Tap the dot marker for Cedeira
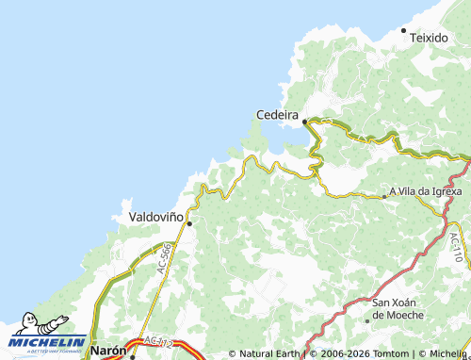click(x=304, y=122)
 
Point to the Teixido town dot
click(x=404, y=31)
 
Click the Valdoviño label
click(x=155, y=216)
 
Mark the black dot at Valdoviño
click(x=189, y=223)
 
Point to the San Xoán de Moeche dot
click(x=367, y=320)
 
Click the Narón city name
click(x=107, y=350)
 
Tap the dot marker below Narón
click(x=132, y=357)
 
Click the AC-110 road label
click(x=455, y=247)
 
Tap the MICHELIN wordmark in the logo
click(x=49, y=342)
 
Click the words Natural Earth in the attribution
click(x=268, y=354)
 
